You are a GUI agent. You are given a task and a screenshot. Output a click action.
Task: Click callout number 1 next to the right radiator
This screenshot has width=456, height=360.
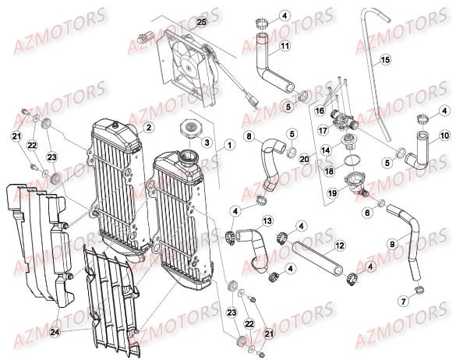click(x=229, y=144)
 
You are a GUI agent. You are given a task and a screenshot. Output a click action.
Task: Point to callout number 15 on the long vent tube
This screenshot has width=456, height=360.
click(x=384, y=60)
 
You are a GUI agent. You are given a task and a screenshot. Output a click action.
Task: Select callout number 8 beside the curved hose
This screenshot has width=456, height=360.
click(x=249, y=137)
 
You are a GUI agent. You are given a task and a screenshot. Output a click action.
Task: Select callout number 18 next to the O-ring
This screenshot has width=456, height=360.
click(x=329, y=170)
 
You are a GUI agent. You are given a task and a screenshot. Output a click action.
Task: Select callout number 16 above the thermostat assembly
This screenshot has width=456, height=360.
click(x=320, y=111)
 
